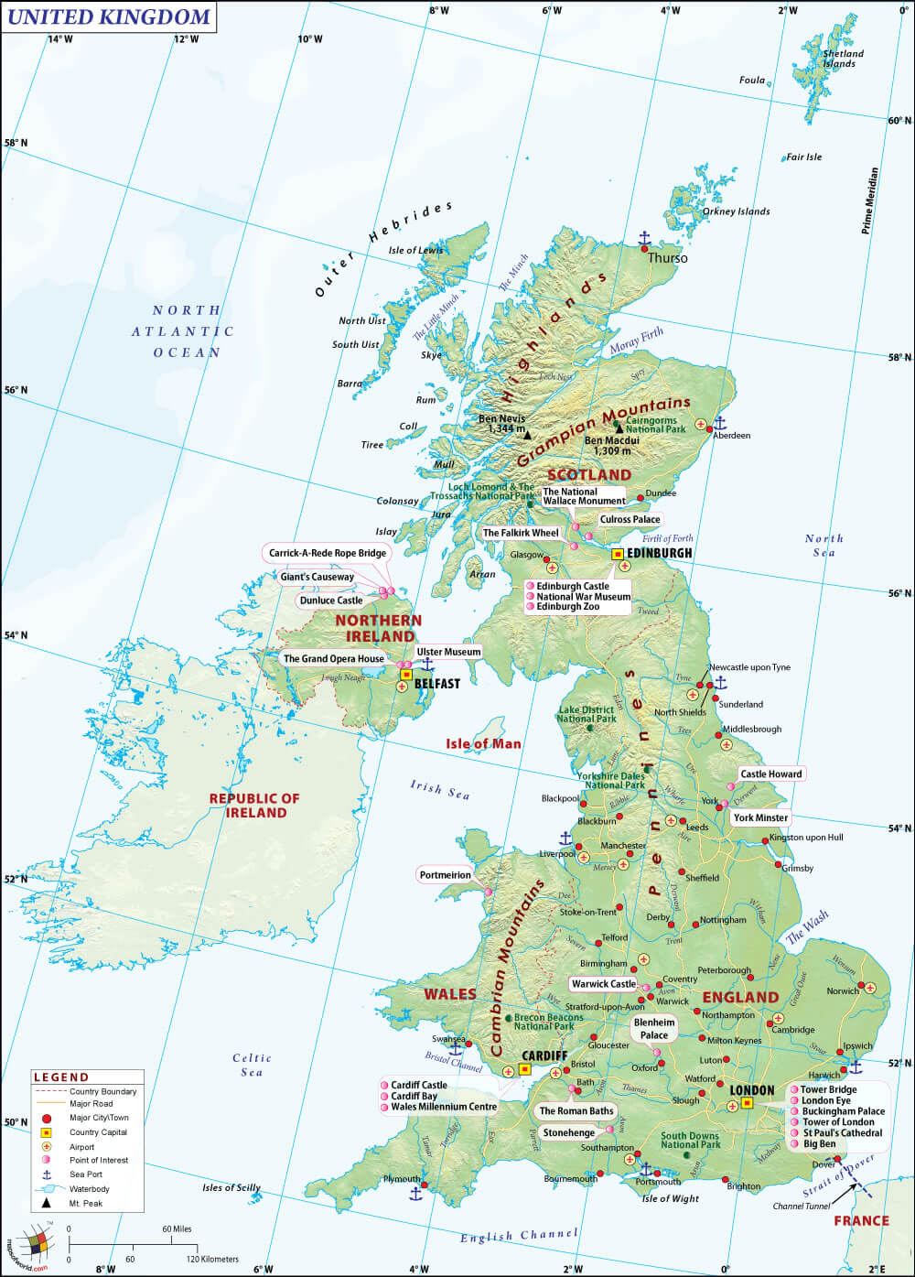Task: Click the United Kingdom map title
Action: coord(108,16)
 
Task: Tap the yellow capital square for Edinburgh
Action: coord(618,554)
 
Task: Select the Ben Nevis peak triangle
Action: coord(527,436)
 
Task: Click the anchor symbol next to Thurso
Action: coord(643,240)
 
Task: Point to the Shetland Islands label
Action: coord(841,59)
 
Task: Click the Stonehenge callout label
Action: coord(568,1132)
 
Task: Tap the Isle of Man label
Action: coord(483,743)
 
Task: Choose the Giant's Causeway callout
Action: coord(318,577)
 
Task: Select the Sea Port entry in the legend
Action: coord(86,1174)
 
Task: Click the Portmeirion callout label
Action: coord(446,875)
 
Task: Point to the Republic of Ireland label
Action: coord(254,805)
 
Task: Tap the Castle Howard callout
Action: coord(770,774)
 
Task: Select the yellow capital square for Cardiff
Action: coord(525,1068)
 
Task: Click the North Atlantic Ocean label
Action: coord(188,331)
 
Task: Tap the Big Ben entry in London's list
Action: coord(819,1143)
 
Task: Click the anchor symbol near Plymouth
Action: coord(415,1193)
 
